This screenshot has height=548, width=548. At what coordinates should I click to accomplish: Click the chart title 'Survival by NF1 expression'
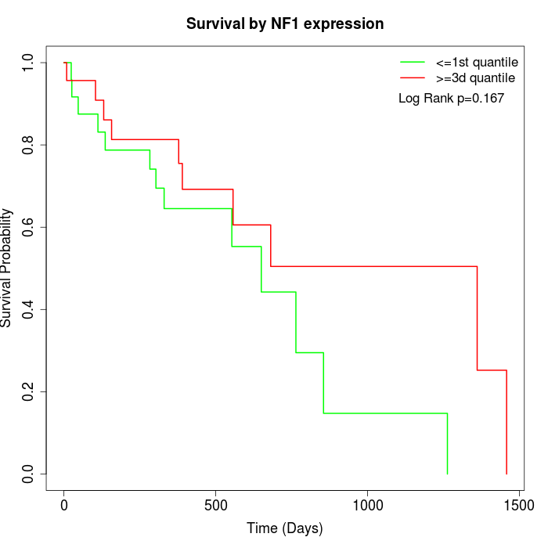[285, 24]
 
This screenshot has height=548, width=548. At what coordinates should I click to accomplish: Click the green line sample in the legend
[413, 62]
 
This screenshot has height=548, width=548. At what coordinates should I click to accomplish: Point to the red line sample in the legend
[413, 78]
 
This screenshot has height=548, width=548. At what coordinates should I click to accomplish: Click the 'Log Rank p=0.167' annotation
[451, 99]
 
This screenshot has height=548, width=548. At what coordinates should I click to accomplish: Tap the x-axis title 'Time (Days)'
[285, 529]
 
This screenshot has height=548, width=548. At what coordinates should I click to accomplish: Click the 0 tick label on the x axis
[64, 506]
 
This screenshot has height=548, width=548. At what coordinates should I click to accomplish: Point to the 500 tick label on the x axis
[215, 506]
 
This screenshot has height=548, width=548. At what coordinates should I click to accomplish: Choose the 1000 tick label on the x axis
[366, 506]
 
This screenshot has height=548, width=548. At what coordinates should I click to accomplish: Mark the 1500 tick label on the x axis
[517, 506]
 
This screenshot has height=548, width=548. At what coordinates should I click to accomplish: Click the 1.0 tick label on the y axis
[29, 63]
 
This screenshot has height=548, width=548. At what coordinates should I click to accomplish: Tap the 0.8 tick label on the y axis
[29, 145]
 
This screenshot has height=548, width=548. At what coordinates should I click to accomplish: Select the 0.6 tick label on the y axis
[29, 227]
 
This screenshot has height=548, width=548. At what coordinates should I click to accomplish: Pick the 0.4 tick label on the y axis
[29, 309]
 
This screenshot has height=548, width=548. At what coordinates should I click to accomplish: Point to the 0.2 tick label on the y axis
[29, 391]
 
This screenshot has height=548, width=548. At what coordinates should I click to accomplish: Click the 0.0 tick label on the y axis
[29, 474]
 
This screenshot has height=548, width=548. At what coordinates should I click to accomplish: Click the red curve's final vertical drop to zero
[507, 423]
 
